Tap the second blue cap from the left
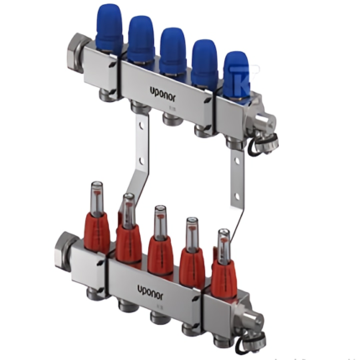[141, 37]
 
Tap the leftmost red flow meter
[97, 226]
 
